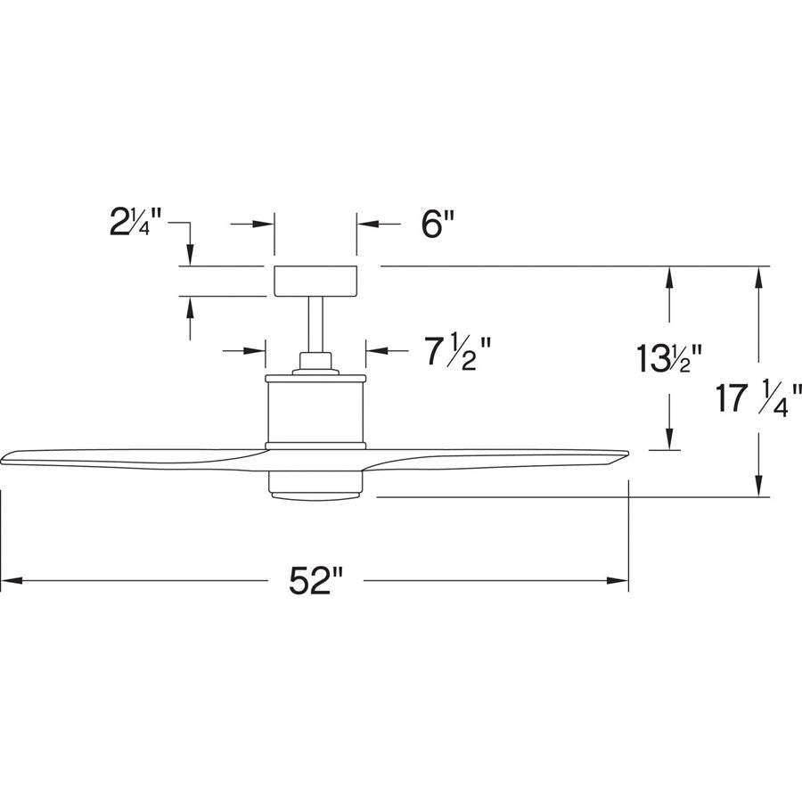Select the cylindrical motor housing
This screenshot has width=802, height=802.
(315, 409)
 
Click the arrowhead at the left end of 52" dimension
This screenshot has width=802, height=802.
(9, 582)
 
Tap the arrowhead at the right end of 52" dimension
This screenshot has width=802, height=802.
(621, 582)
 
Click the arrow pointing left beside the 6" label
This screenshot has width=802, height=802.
(365, 225)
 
